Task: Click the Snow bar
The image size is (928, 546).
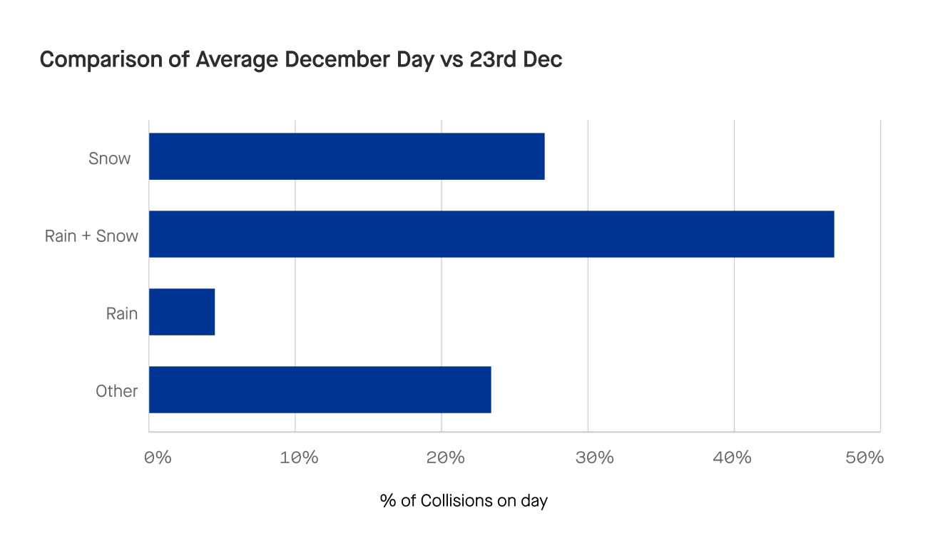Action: [x=347, y=156]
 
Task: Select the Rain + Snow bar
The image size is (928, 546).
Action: [x=491, y=234]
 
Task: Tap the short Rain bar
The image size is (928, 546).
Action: [x=182, y=312]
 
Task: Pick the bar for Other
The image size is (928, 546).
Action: [x=320, y=390]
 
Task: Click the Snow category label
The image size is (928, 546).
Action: [x=109, y=158]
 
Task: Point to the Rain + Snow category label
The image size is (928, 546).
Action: [x=91, y=236]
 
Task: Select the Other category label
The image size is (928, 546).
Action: [x=116, y=391]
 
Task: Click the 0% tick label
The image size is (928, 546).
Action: [x=157, y=457]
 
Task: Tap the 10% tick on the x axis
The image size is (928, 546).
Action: [x=299, y=457]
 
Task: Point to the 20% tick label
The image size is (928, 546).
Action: [x=446, y=457]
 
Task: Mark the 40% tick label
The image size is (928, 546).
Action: [x=732, y=457]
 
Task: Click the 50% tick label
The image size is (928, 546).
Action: [x=865, y=457]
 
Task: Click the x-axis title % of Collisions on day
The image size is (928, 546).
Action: [x=464, y=501]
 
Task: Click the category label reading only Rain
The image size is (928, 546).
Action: [x=122, y=313]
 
